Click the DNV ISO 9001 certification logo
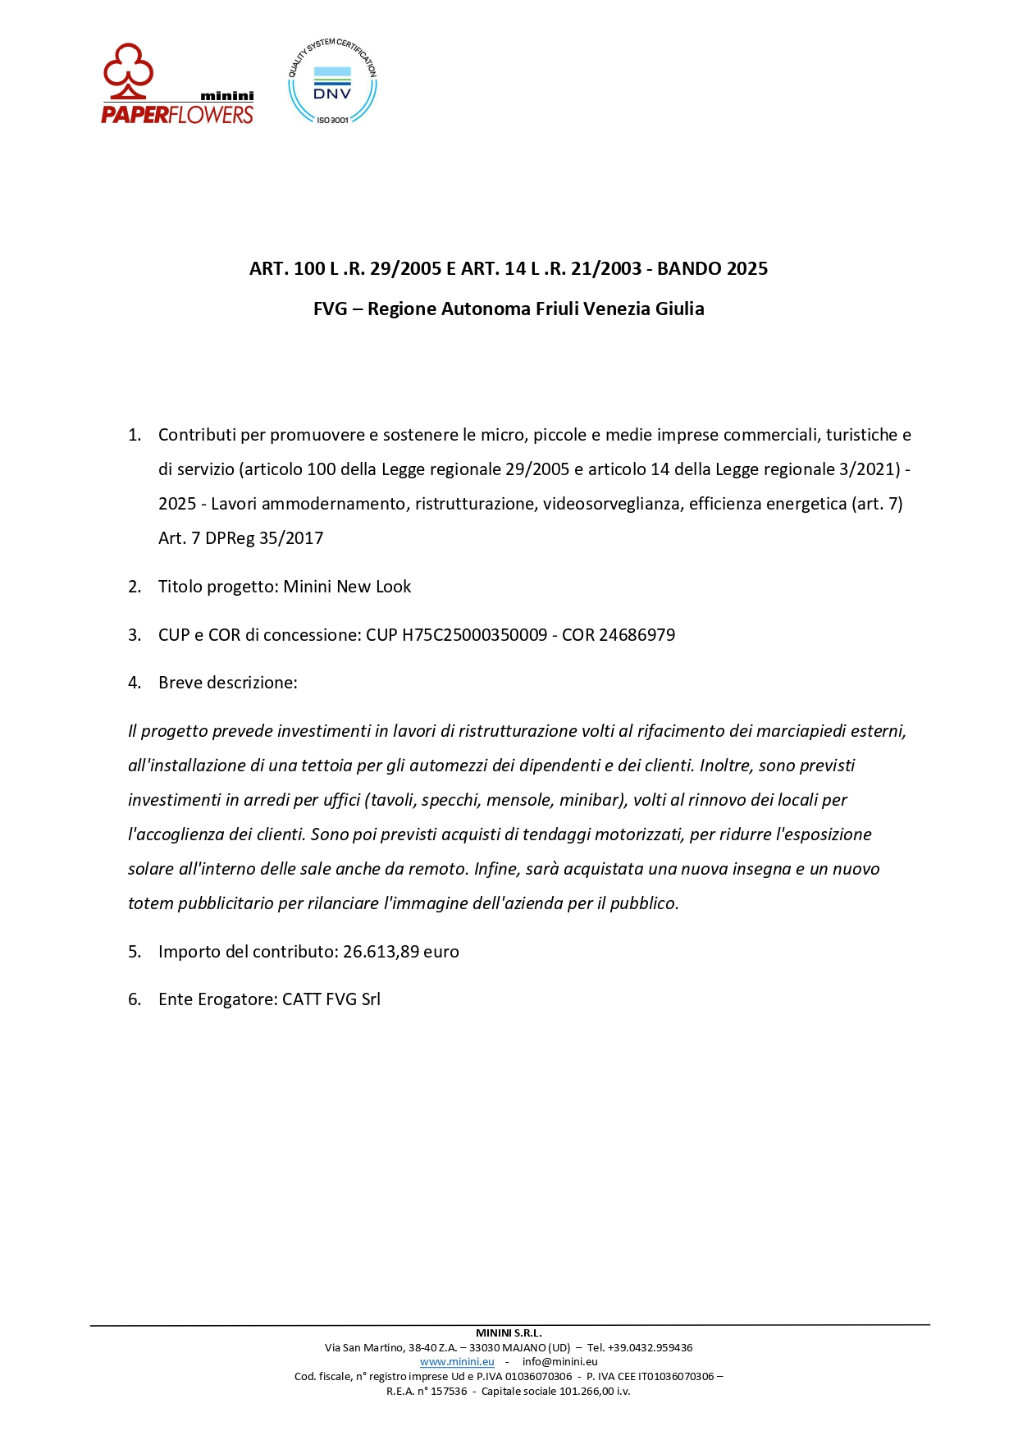(332, 82)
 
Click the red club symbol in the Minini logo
(128, 66)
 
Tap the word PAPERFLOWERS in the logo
(177, 114)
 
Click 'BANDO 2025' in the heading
(712, 268)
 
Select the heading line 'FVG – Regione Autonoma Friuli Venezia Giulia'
(509, 309)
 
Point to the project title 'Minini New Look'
(347, 587)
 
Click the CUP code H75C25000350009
(474, 635)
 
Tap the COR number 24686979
(637, 635)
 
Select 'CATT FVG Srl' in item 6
(331, 999)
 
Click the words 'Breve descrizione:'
(227, 683)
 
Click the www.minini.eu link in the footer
(457, 1361)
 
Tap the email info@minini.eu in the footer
(559, 1361)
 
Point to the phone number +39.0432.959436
(650, 1347)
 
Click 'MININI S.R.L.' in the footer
(509, 1333)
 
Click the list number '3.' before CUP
(135, 635)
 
